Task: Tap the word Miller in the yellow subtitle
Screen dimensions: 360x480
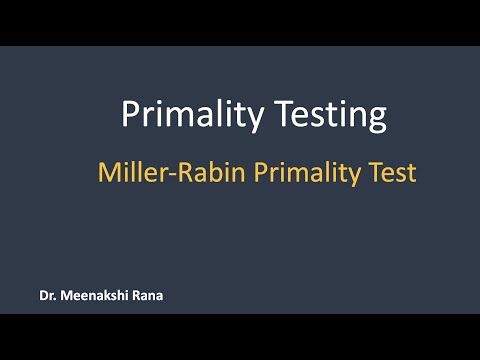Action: [127, 173]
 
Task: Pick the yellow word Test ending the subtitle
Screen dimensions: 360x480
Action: [392, 173]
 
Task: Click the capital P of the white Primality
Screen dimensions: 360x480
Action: [129, 114]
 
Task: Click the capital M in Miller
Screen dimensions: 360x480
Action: [107, 173]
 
